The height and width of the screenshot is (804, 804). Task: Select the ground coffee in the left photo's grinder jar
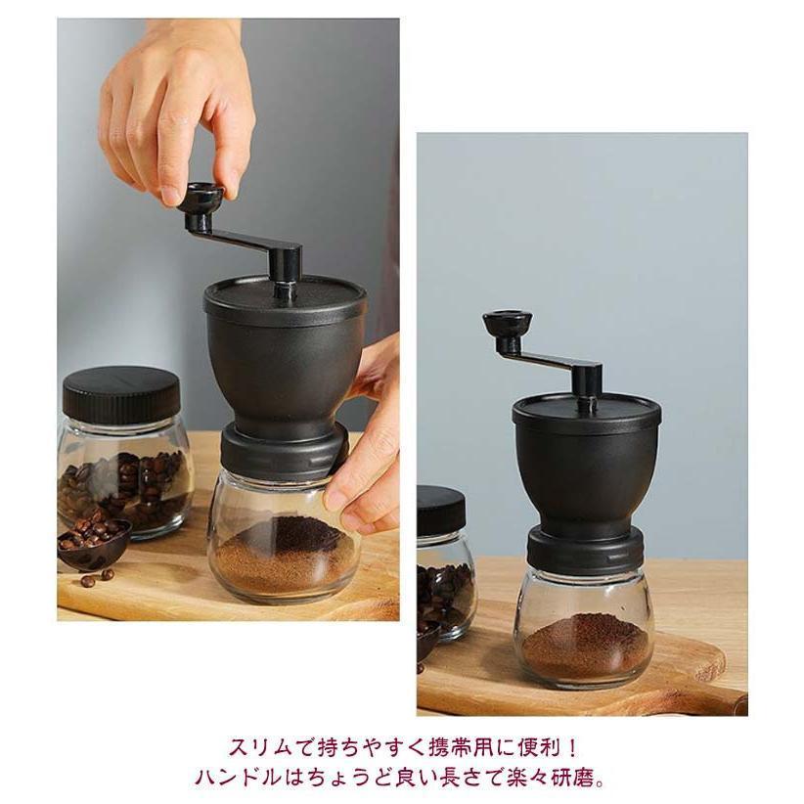[x=284, y=558]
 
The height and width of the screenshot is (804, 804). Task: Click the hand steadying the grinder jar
[x=367, y=460]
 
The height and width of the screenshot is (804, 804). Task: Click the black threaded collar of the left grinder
[x=283, y=450]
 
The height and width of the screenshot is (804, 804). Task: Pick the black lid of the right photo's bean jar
[x=440, y=510]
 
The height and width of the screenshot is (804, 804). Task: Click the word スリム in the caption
[x=256, y=748]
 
